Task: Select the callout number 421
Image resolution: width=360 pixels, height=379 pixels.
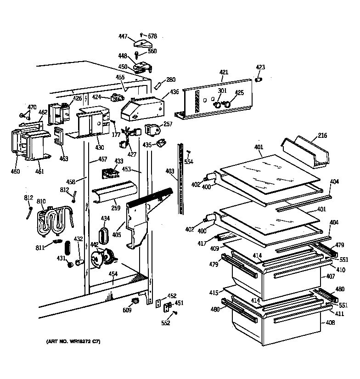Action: [223, 72]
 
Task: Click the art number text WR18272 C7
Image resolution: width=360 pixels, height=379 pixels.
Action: [73, 342]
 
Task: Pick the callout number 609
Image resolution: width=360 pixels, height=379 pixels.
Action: [127, 310]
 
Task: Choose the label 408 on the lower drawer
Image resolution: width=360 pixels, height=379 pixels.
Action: [330, 323]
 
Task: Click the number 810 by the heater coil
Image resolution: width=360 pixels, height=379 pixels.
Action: [41, 201]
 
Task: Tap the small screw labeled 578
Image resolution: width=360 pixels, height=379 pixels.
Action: [141, 34]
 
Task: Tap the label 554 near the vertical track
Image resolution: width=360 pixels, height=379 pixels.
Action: [189, 162]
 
